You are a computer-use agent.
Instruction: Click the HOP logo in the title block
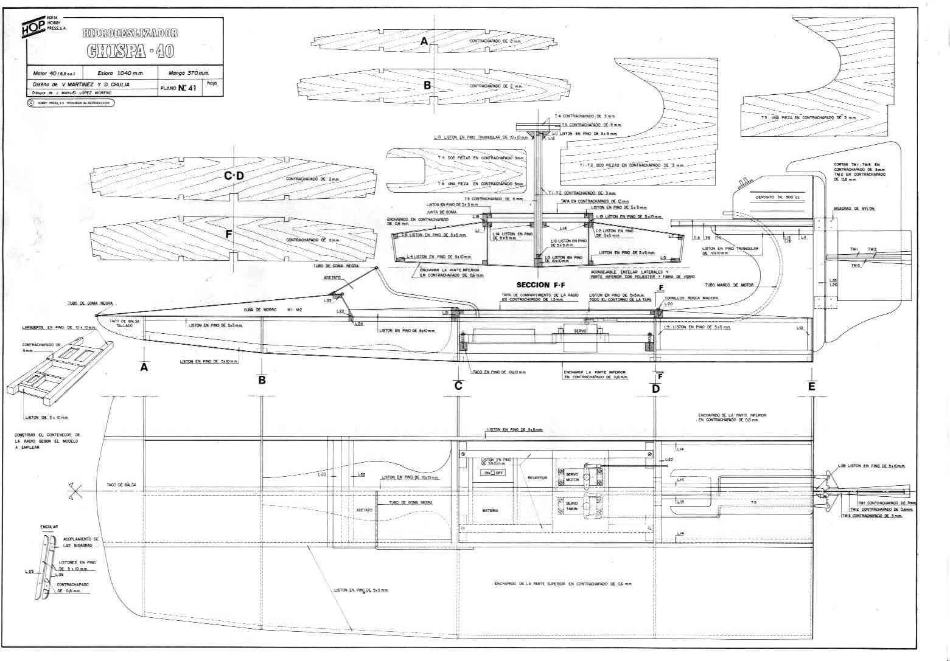[33, 27]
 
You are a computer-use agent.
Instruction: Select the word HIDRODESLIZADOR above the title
[130, 32]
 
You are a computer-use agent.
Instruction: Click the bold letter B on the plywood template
[427, 86]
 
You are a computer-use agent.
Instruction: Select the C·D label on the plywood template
[234, 176]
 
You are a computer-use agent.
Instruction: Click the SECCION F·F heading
[540, 284]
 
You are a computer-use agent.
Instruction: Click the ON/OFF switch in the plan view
[493, 472]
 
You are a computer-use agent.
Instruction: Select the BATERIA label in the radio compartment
[491, 510]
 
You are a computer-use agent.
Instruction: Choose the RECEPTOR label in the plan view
[537, 478]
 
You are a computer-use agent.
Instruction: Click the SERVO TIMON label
[572, 506]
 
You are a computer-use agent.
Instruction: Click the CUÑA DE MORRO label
[254, 309]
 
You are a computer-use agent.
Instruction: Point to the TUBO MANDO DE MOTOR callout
[729, 285]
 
